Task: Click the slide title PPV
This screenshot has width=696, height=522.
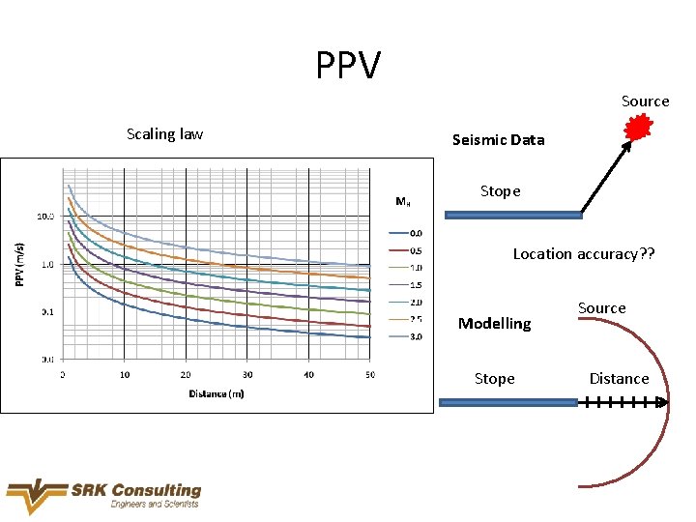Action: pyautogui.click(x=348, y=66)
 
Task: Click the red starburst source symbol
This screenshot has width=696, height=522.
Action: pyautogui.click(x=638, y=128)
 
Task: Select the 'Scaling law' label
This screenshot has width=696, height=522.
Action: pyautogui.click(x=164, y=134)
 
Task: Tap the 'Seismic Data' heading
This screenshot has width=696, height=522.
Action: pyautogui.click(x=498, y=140)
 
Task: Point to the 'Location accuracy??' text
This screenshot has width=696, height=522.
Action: pyautogui.click(x=583, y=254)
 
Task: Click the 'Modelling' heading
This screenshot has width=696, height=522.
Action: pyautogui.click(x=494, y=324)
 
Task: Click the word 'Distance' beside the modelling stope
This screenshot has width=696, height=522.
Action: pyautogui.click(x=619, y=379)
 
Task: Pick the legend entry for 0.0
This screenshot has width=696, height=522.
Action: pyautogui.click(x=406, y=232)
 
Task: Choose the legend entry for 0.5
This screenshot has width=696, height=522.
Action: pyautogui.click(x=406, y=249)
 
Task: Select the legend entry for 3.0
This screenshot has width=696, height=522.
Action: pyautogui.click(x=406, y=336)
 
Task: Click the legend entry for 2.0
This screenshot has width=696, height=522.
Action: pyautogui.click(x=406, y=302)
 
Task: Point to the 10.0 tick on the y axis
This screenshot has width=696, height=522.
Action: pyautogui.click(x=45, y=217)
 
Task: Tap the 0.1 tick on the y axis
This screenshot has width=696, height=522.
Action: pyautogui.click(x=46, y=311)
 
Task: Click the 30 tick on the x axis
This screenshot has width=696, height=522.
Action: pyautogui.click(x=247, y=375)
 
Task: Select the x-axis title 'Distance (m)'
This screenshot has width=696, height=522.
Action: pyautogui.click(x=216, y=394)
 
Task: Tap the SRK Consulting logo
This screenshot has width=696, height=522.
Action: pyautogui.click(x=103, y=496)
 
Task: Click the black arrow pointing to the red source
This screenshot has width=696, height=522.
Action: pyautogui.click(x=605, y=176)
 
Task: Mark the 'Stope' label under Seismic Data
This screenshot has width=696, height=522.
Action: pyautogui.click(x=500, y=191)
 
